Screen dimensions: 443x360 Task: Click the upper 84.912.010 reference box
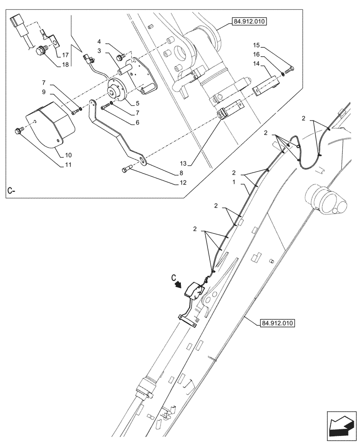click(249, 21)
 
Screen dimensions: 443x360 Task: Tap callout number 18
click(65, 65)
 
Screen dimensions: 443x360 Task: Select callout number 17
click(65, 55)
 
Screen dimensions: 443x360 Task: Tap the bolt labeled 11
click(18, 131)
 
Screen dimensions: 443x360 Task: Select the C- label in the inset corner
click(12, 191)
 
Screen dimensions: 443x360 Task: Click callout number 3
click(100, 51)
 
